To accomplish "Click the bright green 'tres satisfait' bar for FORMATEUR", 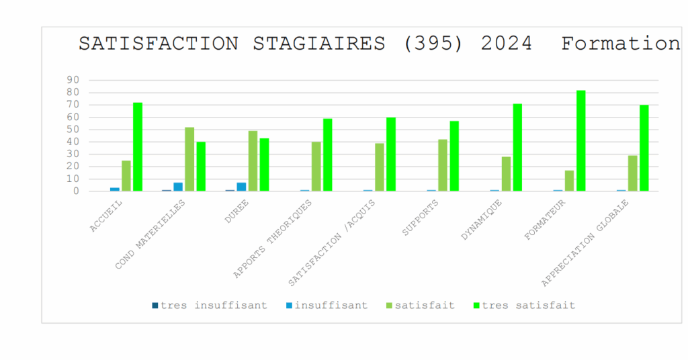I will pos(581,141).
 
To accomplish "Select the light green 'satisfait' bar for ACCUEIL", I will pos(126,176).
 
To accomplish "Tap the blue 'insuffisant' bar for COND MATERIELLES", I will pos(178,187).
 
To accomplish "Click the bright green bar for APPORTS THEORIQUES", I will pos(328,155).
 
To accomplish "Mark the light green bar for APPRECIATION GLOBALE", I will pos(633,173).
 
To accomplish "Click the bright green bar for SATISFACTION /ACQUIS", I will pos(391,154).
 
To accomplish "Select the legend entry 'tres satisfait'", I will pos(528,305).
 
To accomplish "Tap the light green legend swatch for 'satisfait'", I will pos(390,306).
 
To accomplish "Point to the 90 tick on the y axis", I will pos(73,80).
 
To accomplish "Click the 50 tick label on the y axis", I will pos(73,130).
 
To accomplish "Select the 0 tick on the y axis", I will pos(76,191).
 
